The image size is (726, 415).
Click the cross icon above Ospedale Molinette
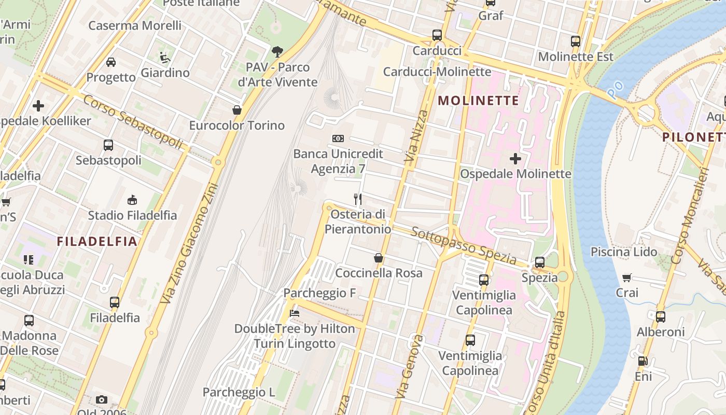pyautogui.click(x=515, y=159)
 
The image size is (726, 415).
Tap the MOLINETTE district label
pyautogui.click(x=478, y=101)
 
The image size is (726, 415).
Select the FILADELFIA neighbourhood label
pyautogui.click(x=97, y=241)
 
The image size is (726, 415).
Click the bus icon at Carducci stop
pyautogui.click(x=437, y=35)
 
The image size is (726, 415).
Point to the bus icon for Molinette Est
pyautogui.click(x=575, y=41)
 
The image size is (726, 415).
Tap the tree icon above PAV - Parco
pyautogui.click(x=277, y=51)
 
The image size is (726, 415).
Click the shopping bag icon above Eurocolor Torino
pyautogui.click(x=237, y=110)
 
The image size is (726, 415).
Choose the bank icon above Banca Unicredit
pyautogui.click(x=338, y=139)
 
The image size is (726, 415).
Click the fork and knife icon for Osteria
pyautogui.click(x=358, y=199)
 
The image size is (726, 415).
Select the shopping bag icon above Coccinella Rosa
pyautogui.click(x=379, y=258)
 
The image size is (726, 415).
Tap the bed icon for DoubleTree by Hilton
pyautogui.click(x=295, y=313)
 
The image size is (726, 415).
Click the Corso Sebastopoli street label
pyautogui.click(x=133, y=121)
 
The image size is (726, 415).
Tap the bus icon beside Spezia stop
pyautogui.click(x=540, y=262)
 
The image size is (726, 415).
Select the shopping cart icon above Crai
pyautogui.click(x=627, y=278)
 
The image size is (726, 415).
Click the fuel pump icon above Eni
pyautogui.click(x=643, y=361)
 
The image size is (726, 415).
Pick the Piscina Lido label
pyautogui.click(x=624, y=252)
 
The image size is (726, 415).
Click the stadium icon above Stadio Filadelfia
pyautogui.click(x=132, y=200)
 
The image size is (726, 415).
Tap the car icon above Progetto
pyautogui.click(x=111, y=62)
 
